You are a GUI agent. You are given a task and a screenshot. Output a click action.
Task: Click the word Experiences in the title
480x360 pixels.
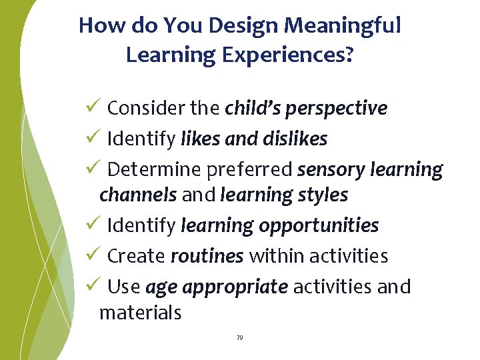(x=283, y=55)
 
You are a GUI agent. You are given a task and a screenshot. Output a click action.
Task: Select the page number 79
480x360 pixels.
(x=240, y=339)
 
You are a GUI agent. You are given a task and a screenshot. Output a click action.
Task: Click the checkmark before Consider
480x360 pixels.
(x=93, y=107)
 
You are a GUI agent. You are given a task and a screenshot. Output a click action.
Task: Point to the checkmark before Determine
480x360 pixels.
(x=93, y=169)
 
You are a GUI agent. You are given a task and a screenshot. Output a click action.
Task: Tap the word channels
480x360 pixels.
(x=138, y=195)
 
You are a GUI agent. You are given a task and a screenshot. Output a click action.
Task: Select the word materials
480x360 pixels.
(x=140, y=312)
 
